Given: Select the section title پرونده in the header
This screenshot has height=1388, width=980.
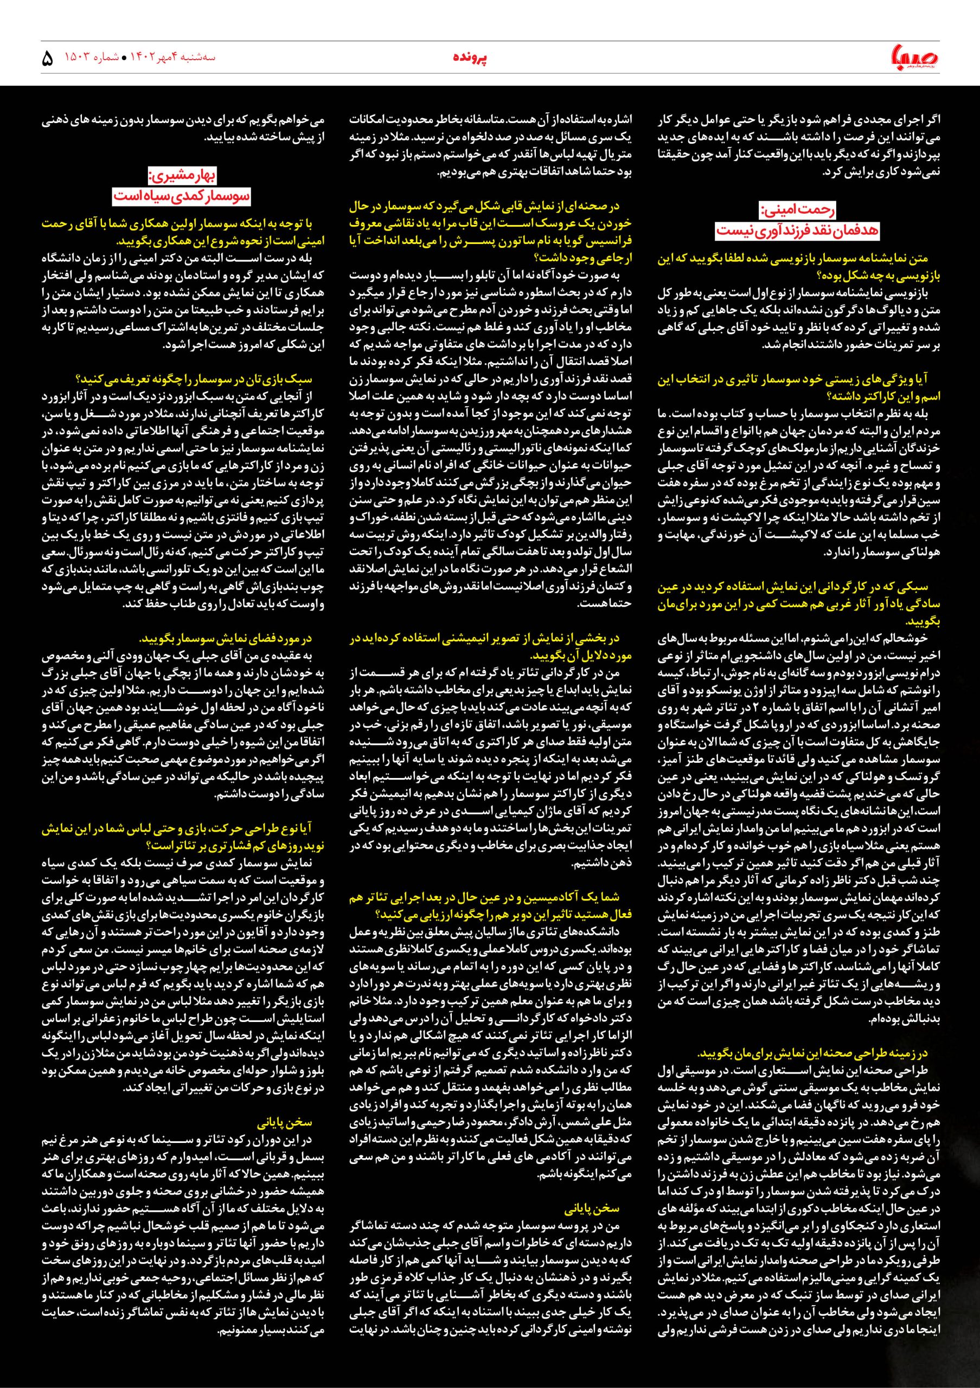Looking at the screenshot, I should click(470, 58).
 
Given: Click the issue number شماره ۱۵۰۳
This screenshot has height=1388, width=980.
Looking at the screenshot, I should click(90, 58).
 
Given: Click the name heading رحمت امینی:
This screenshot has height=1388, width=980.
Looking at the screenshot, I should click(798, 211).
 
